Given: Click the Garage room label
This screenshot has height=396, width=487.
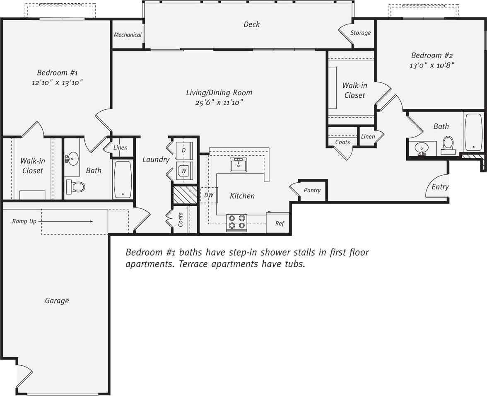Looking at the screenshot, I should pyautogui.click(x=57, y=301).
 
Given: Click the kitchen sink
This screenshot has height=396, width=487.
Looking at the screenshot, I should pyautogui.click(x=239, y=164).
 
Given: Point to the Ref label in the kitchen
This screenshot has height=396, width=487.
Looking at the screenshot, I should pyautogui.click(x=280, y=224).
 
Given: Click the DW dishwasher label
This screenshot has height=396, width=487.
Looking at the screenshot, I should pyautogui.click(x=209, y=195).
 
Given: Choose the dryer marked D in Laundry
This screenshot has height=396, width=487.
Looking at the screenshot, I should pyautogui.click(x=184, y=150).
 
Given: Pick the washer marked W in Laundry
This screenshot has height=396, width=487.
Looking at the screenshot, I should pyautogui.click(x=183, y=170).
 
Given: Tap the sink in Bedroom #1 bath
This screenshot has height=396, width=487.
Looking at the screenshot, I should pyautogui.click(x=73, y=158).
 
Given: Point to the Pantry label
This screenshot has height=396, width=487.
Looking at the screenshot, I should pyautogui.click(x=312, y=190).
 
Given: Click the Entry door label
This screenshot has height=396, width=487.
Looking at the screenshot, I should pyautogui.click(x=440, y=187).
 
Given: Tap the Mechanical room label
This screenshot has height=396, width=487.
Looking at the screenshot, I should pyautogui.click(x=128, y=35).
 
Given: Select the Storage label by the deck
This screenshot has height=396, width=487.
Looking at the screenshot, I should pyautogui.click(x=360, y=33).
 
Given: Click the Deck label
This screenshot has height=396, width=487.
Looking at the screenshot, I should pyautogui.click(x=251, y=24).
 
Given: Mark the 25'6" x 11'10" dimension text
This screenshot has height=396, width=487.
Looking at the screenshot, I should pyautogui.click(x=219, y=102).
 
